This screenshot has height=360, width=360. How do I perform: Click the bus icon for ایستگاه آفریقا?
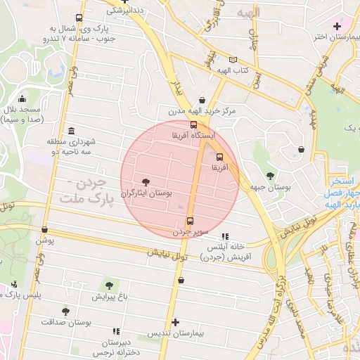click(194, 124)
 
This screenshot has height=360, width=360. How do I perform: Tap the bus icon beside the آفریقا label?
click(219, 157)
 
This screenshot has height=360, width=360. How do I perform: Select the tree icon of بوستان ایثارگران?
click(146, 181)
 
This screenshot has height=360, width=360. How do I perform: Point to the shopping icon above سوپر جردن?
click(190, 220)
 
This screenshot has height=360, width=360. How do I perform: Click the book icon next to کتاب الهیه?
click(233, 60)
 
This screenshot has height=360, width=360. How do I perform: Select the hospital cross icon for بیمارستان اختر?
click(337, 26)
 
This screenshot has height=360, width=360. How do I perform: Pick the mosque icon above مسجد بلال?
click(22, 98)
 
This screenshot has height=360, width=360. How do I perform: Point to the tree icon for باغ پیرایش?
click(108, 285)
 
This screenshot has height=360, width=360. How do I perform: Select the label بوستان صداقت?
click(91, 321)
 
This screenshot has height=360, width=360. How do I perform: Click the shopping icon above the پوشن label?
click(45, 229)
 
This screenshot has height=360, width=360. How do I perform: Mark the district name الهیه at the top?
click(248, 13)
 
